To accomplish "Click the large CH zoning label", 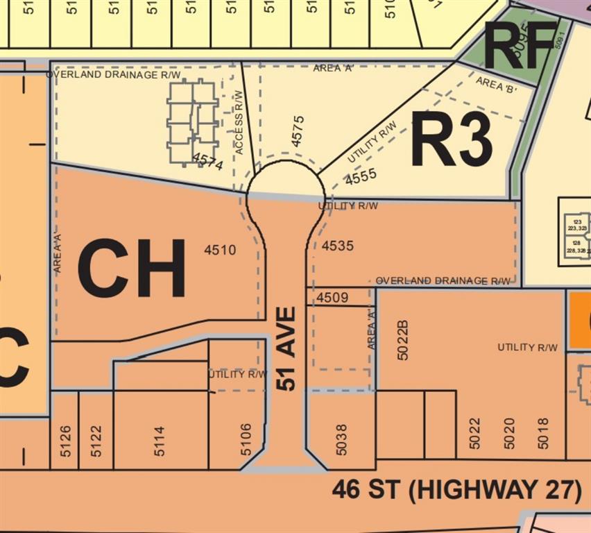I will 132,268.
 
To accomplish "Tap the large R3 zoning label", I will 452,139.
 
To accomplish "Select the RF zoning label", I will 521,46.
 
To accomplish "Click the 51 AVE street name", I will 286,348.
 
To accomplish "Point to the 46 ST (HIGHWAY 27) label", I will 456,489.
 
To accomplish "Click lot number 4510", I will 220,250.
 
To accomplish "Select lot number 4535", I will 338,245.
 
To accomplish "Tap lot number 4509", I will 332,298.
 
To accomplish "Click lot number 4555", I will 361,177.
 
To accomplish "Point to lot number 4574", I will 208,164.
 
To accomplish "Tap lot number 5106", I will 246,440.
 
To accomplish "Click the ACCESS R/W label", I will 239,123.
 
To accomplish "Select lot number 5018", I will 542,433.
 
